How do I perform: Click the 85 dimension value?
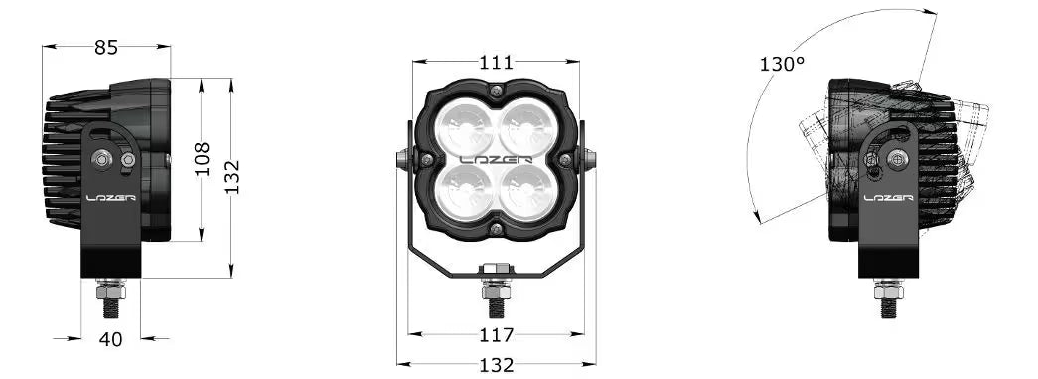[106, 47]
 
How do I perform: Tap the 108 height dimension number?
[202, 159]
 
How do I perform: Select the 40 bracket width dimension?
[110, 339]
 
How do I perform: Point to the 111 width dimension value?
[496, 63]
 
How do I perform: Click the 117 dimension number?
[496, 335]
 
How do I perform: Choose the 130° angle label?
[782, 65]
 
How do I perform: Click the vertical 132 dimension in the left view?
[231, 177]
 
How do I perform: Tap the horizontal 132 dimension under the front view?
[496, 365]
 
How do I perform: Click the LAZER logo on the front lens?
[496, 160]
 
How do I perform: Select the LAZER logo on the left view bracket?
[111, 197]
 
